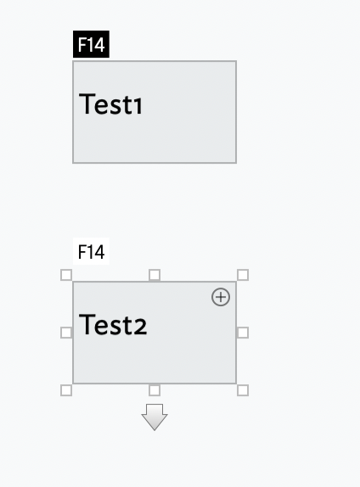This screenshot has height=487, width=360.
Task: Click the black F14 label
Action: pos(91,44)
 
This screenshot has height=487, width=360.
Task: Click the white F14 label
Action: pos(91,251)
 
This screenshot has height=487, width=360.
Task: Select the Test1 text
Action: pos(110,104)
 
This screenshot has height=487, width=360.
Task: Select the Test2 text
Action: pos(113,325)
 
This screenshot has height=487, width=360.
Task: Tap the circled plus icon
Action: pos(221,297)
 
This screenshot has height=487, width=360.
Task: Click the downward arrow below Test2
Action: pos(155,417)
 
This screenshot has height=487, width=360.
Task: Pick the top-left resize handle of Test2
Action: pos(66,275)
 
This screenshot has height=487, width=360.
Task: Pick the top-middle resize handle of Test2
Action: pos(155,275)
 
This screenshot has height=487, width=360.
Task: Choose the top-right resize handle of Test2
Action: pos(243,275)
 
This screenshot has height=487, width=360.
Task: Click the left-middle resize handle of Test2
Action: pos(66,333)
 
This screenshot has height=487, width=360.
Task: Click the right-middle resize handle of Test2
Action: pos(243,333)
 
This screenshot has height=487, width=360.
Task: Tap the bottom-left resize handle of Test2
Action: pos(66,390)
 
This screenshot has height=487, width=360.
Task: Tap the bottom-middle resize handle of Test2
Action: pos(155,390)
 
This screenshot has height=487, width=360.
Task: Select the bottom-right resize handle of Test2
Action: pos(243,390)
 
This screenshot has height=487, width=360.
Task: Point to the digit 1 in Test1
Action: pos(138,106)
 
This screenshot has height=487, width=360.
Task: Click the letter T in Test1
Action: pos(87,104)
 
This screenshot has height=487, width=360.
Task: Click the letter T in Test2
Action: pos(87,325)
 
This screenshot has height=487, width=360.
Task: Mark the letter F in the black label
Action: pos(82,44)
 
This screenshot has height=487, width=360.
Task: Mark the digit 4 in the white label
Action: pos(98,252)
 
